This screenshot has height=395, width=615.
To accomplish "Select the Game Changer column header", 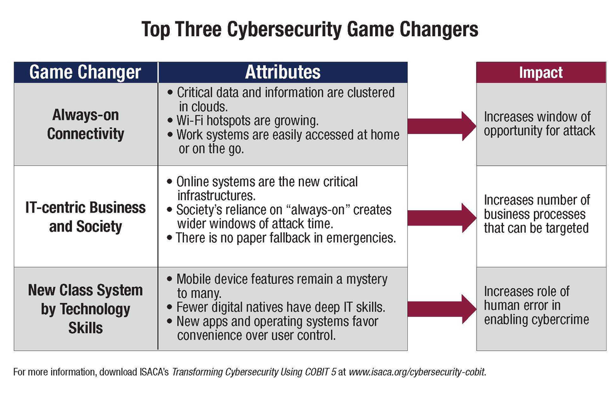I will coord(85,72).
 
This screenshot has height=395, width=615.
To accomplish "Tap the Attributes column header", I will coord(283,72).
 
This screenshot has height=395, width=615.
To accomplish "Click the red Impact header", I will coord(541,72).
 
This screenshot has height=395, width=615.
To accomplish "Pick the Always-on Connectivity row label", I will coord(85,124).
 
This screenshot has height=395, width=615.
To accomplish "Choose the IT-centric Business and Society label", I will coord(85,216).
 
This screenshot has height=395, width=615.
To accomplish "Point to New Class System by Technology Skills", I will coord(85,308).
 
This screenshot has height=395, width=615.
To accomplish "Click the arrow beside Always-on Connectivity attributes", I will coord(441,125).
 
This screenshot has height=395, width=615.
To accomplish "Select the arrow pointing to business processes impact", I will coord(441,216).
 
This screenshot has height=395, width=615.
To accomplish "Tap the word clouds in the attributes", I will coord(213,106).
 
